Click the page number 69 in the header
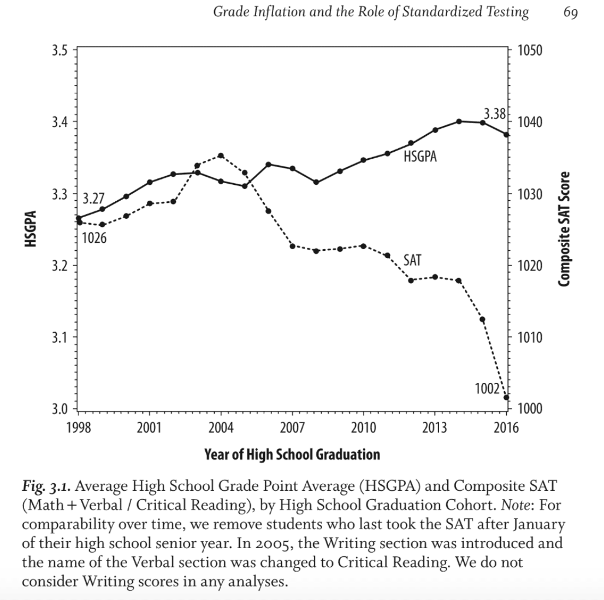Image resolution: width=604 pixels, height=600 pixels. [570, 12]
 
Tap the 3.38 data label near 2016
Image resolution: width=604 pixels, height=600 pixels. [495, 114]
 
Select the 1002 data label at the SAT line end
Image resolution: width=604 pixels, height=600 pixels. [487, 388]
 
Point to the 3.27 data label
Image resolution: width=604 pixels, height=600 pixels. [93, 198]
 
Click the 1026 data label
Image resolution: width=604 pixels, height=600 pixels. [94, 238]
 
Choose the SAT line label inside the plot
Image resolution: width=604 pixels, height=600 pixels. [412, 260]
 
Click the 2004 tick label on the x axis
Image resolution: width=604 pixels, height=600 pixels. [221, 427]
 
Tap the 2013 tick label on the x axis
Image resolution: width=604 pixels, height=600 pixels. [435, 427]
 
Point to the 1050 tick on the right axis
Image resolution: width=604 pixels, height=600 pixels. [529, 51]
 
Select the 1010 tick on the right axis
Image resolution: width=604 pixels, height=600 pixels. [529, 338]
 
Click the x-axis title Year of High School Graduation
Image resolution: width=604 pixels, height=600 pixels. [292, 454]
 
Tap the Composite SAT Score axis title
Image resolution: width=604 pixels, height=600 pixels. [564, 229]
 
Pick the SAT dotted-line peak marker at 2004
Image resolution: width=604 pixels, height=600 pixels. [221, 155]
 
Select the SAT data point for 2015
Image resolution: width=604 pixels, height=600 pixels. [482, 319]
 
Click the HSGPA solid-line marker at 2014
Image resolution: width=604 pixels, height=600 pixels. [459, 121]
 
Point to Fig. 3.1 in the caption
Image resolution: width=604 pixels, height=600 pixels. [47, 486]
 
